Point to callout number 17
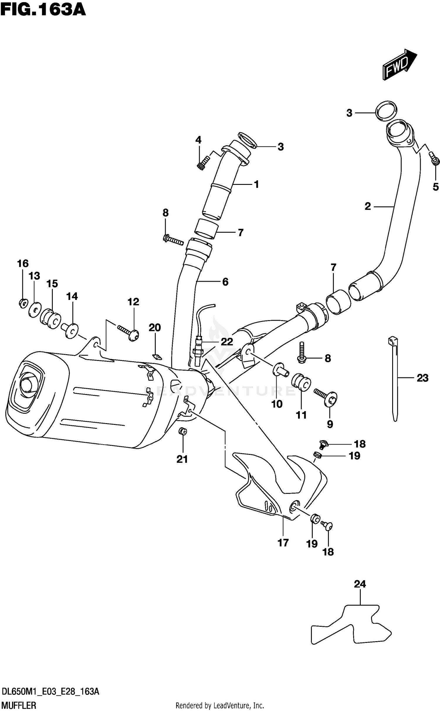[x=283, y=543]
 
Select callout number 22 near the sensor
[x=227, y=342]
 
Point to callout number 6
[x=225, y=282]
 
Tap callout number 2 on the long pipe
[x=368, y=207]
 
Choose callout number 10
[x=277, y=404]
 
